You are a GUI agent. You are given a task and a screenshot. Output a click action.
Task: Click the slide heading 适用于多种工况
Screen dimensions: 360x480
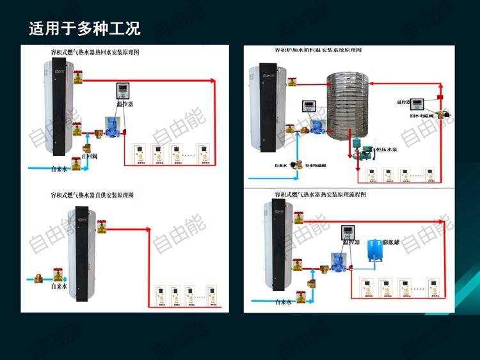[84, 28]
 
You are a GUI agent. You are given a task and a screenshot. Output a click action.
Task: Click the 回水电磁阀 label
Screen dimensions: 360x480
[422, 117]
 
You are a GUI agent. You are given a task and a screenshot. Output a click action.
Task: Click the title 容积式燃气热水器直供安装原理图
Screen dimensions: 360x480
[96, 194]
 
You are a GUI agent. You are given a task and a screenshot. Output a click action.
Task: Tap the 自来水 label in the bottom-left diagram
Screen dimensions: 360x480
[60, 287]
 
